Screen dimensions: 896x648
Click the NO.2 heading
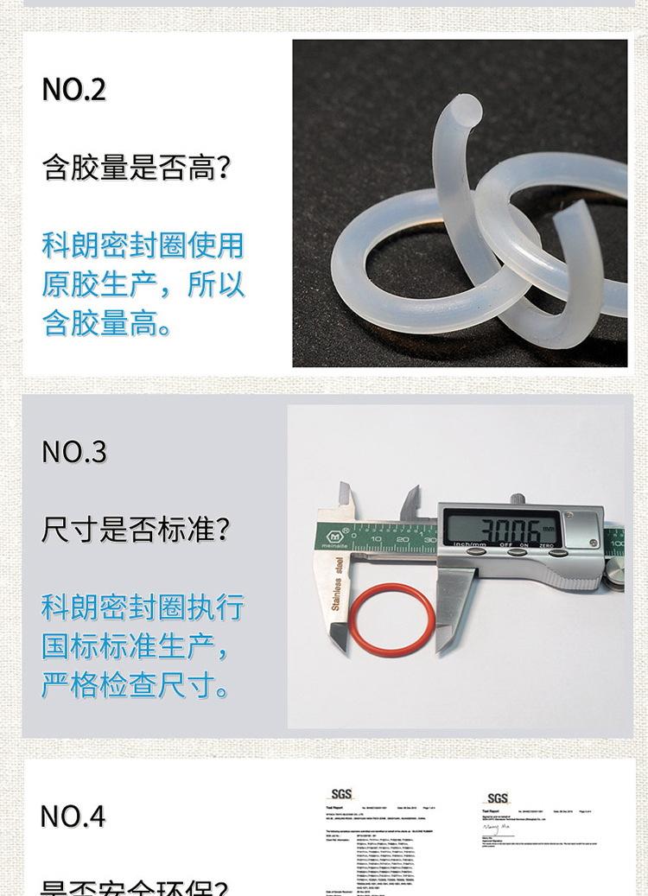[74, 89]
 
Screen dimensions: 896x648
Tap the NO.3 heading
[74, 452]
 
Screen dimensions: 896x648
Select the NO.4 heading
[73, 817]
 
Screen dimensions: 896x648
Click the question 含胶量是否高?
[137, 168]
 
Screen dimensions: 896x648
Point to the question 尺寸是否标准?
[136, 530]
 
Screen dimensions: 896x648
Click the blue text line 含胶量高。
[107, 323]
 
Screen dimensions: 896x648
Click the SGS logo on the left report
[342, 795]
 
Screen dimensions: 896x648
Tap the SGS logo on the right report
[498, 798]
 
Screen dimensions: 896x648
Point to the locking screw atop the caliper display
[518, 498]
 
